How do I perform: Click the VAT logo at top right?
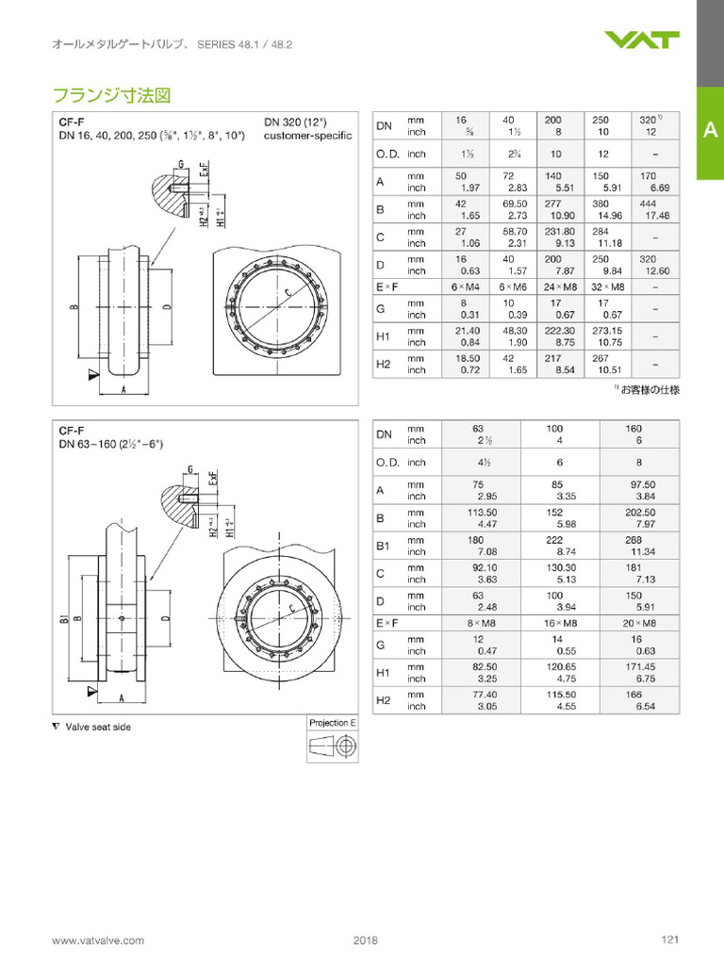click(642, 40)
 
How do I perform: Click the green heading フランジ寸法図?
click(110, 95)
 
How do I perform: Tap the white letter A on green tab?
click(710, 132)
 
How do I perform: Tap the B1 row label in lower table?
click(384, 546)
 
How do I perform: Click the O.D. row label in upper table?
click(388, 154)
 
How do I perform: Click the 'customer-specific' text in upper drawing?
click(307, 136)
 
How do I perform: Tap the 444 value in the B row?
click(647, 204)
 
